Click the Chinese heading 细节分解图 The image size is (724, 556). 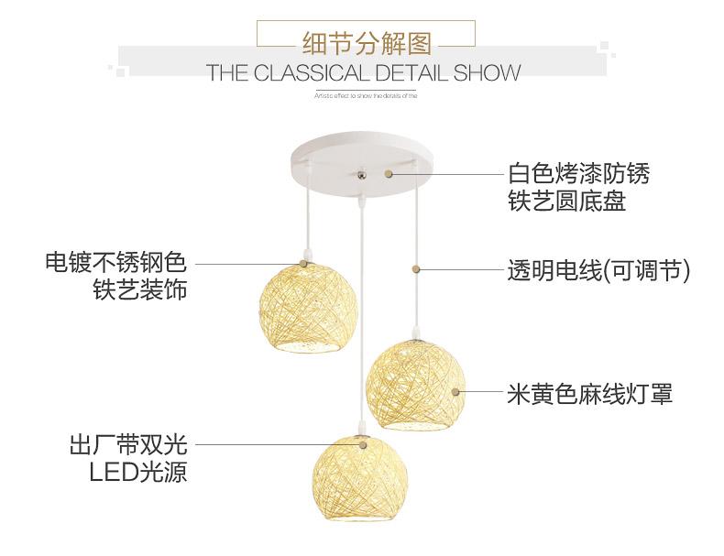pos(365,41)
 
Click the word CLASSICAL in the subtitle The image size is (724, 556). pos(308,73)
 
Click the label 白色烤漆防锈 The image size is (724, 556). pos(578,172)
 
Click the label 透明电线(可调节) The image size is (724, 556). pos(598,270)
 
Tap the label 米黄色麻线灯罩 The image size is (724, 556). pos(589,395)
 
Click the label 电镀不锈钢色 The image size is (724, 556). pos(115,264)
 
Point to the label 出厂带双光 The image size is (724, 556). pos(127,445)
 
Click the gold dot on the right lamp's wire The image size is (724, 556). pos(418,269)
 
